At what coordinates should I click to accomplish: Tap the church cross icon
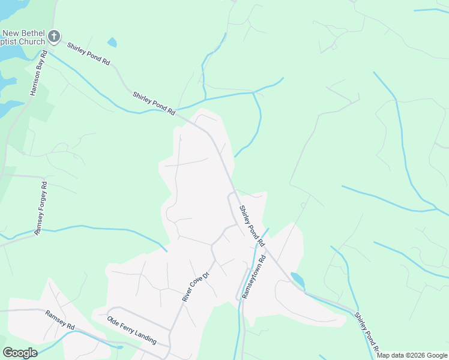(x=54, y=37)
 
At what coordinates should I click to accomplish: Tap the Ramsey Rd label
(x=59, y=319)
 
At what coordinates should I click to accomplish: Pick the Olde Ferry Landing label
(x=131, y=331)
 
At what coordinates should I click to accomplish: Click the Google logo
(x=20, y=353)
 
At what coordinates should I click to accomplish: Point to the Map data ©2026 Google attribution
(x=412, y=355)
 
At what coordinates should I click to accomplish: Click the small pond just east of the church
(x=112, y=43)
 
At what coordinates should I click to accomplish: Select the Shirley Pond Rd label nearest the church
(x=89, y=54)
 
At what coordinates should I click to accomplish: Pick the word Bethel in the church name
(x=33, y=33)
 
